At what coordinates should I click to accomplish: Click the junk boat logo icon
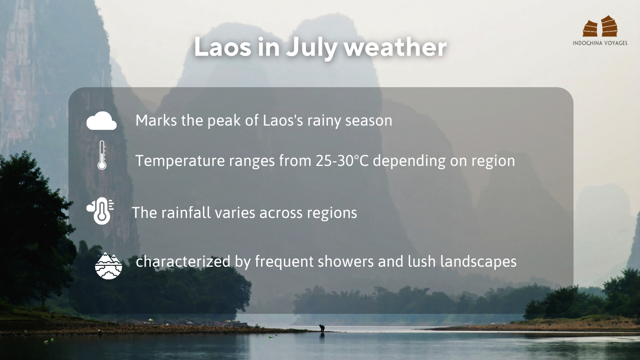click(600, 26)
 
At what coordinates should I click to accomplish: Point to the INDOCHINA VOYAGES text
click(600, 43)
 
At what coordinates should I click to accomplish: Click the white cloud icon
click(101, 120)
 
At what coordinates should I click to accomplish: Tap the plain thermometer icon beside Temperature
click(102, 155)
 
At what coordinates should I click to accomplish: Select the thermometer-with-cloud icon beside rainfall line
click(100, 211)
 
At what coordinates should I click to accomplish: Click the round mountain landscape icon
click(109, 266)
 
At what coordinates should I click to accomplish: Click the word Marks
click(156, 120)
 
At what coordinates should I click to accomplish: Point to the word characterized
click(183, 262)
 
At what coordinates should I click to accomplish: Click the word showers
click(345, 262)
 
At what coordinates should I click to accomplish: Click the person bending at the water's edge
click(322, 328)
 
